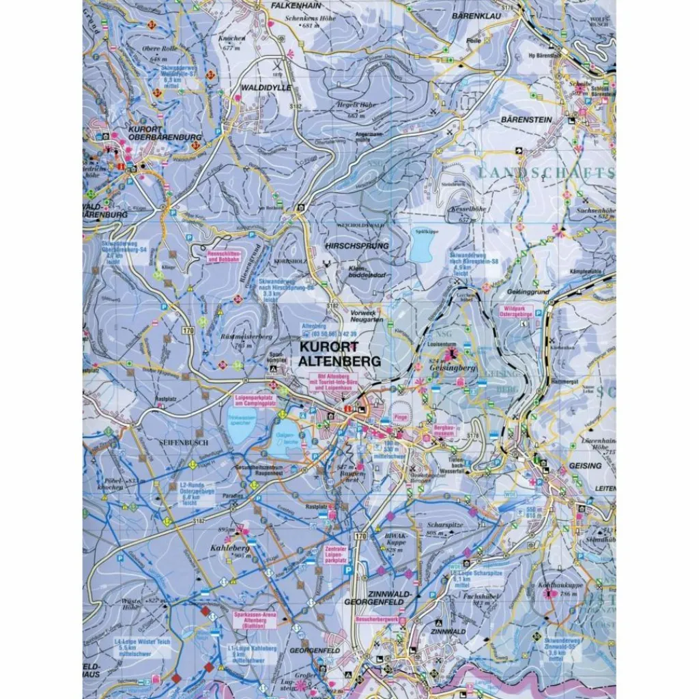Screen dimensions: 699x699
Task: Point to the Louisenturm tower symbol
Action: click(x=451, y=353)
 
